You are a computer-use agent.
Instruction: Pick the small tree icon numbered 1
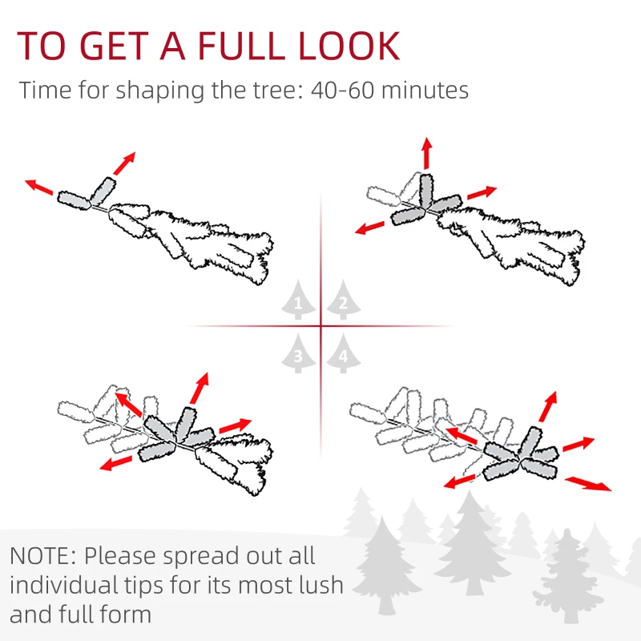point(298,302)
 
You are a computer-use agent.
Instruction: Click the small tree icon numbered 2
point(342,302)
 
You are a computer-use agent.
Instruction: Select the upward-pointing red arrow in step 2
point(426,153)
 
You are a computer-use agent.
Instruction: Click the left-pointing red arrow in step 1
point(40,188)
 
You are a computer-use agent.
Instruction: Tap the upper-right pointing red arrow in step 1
point(123,163)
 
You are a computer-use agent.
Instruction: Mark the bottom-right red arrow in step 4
point(588,483)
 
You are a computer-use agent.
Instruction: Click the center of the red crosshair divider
point(320,326)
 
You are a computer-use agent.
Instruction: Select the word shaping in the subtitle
point(159,90)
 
